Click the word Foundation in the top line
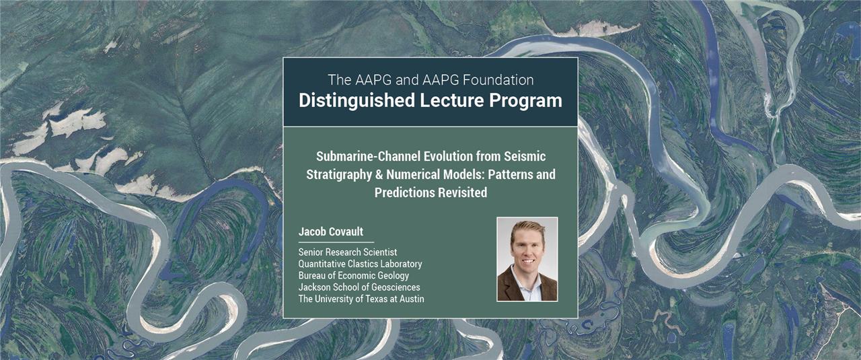(x=498, y=80)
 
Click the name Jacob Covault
(x=331, y=231)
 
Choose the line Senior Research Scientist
(x=348, y=252)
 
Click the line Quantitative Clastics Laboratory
(x=360, y=264)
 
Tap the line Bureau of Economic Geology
(x=354, y=276)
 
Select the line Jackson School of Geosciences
(x=359, y=287)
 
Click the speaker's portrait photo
(x=527, y=259)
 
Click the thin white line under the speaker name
(x=336, y=242)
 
